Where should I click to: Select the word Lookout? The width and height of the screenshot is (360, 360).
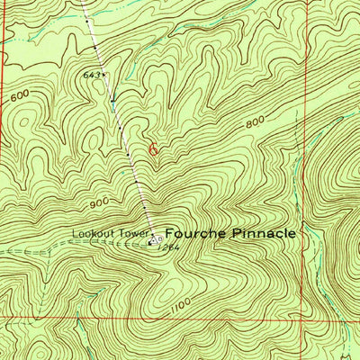93,236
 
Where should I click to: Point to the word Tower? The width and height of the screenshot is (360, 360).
130,236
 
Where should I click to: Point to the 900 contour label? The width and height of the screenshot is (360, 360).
98,202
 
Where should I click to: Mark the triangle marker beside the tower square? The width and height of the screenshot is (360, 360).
158,240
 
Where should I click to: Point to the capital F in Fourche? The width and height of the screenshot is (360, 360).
170,232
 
